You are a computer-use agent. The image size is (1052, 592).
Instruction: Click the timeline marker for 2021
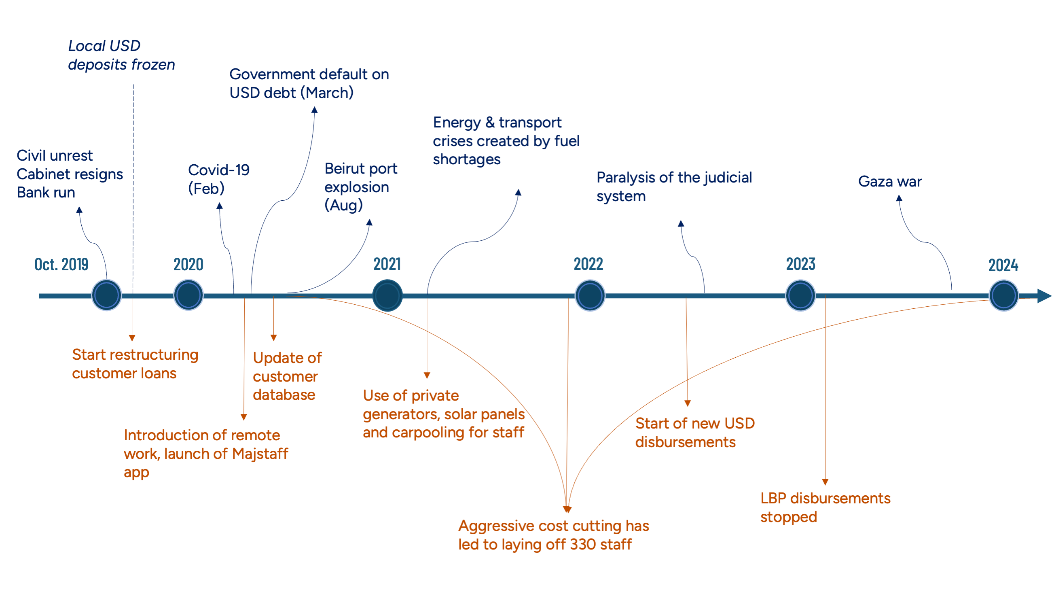pyautogui.click(x=387, y=295)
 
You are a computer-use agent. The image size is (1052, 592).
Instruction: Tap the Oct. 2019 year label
pyautogui.click(x=61, y=264)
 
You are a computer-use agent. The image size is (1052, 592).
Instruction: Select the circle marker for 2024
pyautogui.click(x=1003, y=295)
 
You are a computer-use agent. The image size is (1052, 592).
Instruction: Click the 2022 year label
pyautogui.click(x=588, y=264)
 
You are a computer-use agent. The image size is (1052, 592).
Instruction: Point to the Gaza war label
pyautogui.click(x=890, y=181)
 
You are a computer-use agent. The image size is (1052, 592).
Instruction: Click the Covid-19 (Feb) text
pyautogui.click(x=218, y=179)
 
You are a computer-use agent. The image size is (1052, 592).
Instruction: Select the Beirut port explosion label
pyautogui.click(x=361, y=187)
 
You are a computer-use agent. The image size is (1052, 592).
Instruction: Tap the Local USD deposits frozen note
pyautogui.click(x=121, y=55)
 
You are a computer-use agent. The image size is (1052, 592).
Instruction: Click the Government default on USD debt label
pyautogui.click(x=309, y=83)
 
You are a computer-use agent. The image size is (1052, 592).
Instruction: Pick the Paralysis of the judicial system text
pyautogui.click(x=674, y=187)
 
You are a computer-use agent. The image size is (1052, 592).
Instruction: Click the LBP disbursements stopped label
pyautogui.click(x=825, y=507)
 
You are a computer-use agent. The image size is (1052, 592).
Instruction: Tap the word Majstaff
pyautogui.click(x=260, y=454)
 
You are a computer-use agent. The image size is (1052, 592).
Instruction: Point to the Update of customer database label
pyautogui.click(x=287, y=376)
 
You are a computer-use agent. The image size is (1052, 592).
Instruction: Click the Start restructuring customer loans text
pyautogui.click(x=135, y=364)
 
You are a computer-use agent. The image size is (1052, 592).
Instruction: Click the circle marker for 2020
pyautogui.click(x=188, y=295)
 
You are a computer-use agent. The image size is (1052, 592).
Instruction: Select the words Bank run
pyautogui.click(x=46, y=193)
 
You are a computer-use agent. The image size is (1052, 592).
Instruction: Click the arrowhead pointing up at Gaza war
pyautogui.click(x=899, y=198)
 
